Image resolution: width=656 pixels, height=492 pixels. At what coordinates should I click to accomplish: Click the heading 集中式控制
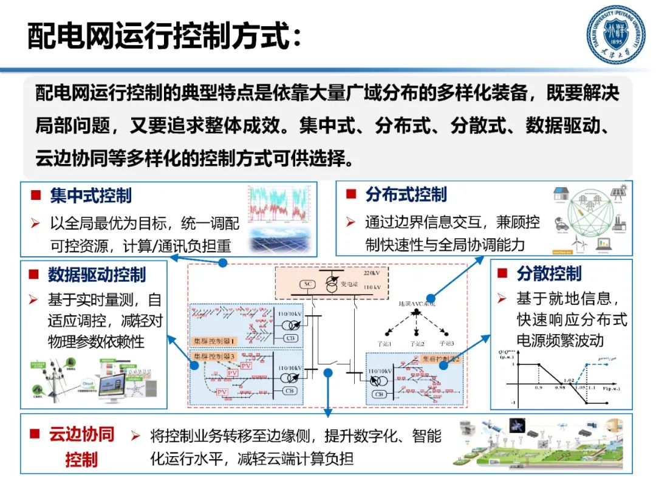[x=91, y=196]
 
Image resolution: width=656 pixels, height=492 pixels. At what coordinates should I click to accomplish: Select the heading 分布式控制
[x=406, y=194]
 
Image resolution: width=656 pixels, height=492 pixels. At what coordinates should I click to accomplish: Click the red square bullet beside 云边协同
[x=35, y=435]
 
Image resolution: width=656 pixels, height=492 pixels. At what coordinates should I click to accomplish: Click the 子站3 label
[x=446, y=344]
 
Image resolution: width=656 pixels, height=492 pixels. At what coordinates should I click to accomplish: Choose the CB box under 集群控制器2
[x=380, y=394]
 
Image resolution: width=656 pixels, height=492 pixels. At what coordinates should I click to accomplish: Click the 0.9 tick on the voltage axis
[x=538, y=387]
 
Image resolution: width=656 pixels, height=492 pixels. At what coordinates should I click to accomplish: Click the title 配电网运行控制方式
[x=164, y=36]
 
